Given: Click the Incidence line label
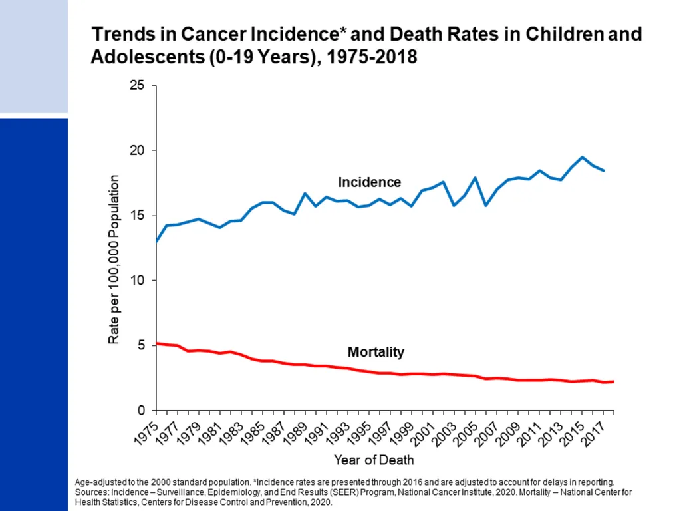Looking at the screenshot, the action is (x=369, y=182).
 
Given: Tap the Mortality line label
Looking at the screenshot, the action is (x=376, y=351).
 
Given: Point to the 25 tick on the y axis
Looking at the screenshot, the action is (x=137, y=85).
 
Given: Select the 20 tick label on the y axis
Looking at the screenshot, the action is (x=137, y=150).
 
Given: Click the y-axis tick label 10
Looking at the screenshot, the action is (x=137, y=280).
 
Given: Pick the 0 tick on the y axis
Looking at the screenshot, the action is (x=141, y=410).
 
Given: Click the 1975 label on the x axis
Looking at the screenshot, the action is (x=146, y=433).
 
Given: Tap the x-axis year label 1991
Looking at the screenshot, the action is (x=316, y=433).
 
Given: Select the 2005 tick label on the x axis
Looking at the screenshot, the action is (x=465, y=433).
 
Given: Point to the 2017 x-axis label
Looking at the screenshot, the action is (x=593, y=433).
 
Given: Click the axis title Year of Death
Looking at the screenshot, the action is (x=374, y=460).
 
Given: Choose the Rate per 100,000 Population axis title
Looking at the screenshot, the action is (x=113, y=259).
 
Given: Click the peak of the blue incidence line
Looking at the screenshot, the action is (x=582, y=157).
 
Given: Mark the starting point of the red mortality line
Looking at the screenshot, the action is (x=156, y=343).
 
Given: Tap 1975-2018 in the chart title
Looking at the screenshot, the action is (x=372, y=57).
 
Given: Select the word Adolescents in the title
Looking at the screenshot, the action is (x=148, y=57).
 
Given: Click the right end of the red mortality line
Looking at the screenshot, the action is (x=613, y=381).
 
